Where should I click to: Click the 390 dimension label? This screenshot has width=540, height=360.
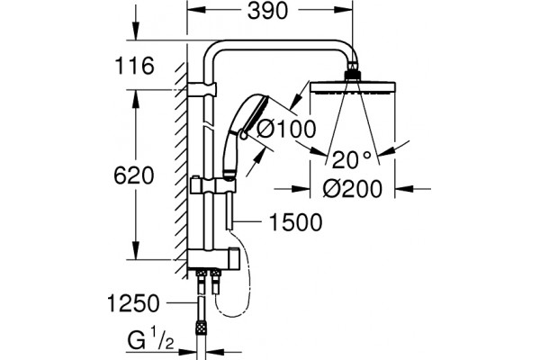(267, 11)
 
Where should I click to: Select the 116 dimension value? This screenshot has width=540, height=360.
(134, 66)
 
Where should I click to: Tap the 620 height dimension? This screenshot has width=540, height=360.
(133, 175)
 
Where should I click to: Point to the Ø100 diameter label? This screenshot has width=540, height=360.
(286, 129)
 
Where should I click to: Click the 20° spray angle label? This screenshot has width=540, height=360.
(352, 160)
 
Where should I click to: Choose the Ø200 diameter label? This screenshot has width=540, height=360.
(353, 189)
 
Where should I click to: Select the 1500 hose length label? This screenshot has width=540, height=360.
(296, 222)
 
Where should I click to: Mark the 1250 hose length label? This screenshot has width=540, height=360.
(133, 303)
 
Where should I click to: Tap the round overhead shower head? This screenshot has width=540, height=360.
(353, 86)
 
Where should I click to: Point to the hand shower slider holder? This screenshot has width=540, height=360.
(212, 186)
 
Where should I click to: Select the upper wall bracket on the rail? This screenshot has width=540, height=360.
(202, 89)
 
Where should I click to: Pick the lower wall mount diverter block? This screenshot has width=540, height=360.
(213, 259)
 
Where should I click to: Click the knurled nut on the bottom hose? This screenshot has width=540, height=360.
(200, 327)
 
